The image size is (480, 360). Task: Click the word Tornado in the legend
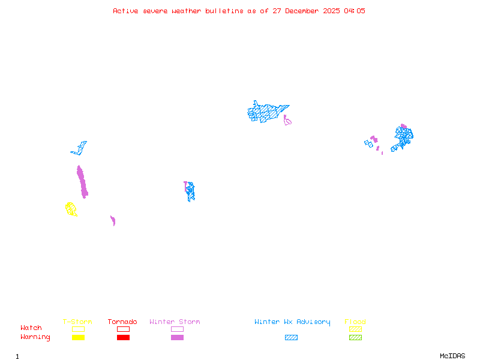tap(122, 322)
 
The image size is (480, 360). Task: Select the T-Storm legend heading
tap(77, 322)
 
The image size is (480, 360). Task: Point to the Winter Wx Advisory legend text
tap(292, 322)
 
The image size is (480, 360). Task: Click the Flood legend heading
tap(355, 322)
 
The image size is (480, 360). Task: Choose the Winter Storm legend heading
tap(175, 322)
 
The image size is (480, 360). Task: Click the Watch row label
tap(31, 328)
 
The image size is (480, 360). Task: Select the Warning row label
tap(35, 337)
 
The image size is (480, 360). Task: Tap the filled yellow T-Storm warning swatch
tap(78, 337)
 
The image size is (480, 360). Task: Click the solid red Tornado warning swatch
tap(123, 337)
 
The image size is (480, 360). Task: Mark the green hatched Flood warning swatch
tap(355, 337)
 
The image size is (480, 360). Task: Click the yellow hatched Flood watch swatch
tap(355, 329)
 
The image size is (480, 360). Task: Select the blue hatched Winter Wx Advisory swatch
tap(291, 337)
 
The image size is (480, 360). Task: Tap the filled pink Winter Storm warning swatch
tap(177, 337)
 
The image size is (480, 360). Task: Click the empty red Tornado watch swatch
tap(123, 329)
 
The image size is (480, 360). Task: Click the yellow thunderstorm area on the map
tap(71, 209)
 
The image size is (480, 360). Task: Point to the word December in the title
tap(305, 11)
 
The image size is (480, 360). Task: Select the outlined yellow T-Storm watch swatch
tap(78, 329)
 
